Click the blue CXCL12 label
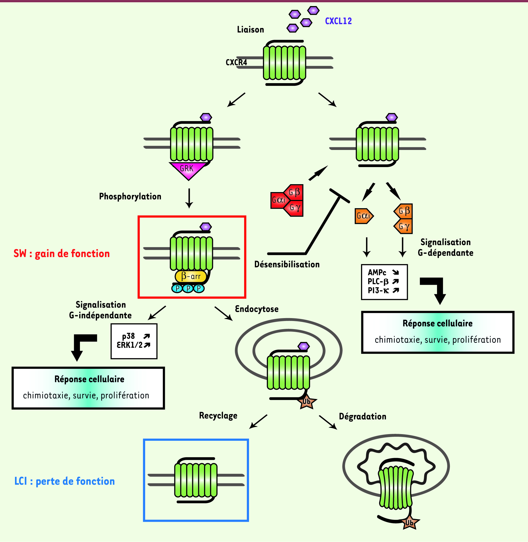[338, 21]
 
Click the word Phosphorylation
[130, 197]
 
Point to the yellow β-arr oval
[191, 276]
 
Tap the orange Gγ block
[404, 227]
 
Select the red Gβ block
[295, 192]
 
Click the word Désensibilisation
[287, 264]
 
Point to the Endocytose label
[257, 309]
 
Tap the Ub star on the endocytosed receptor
[307, 402]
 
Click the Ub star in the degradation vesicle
[410, 523]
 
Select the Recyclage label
[218, 415]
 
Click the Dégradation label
[362, 416]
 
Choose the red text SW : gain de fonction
[62, 254]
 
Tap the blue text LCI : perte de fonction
[64, 481]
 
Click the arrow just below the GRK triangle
[189, 198]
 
